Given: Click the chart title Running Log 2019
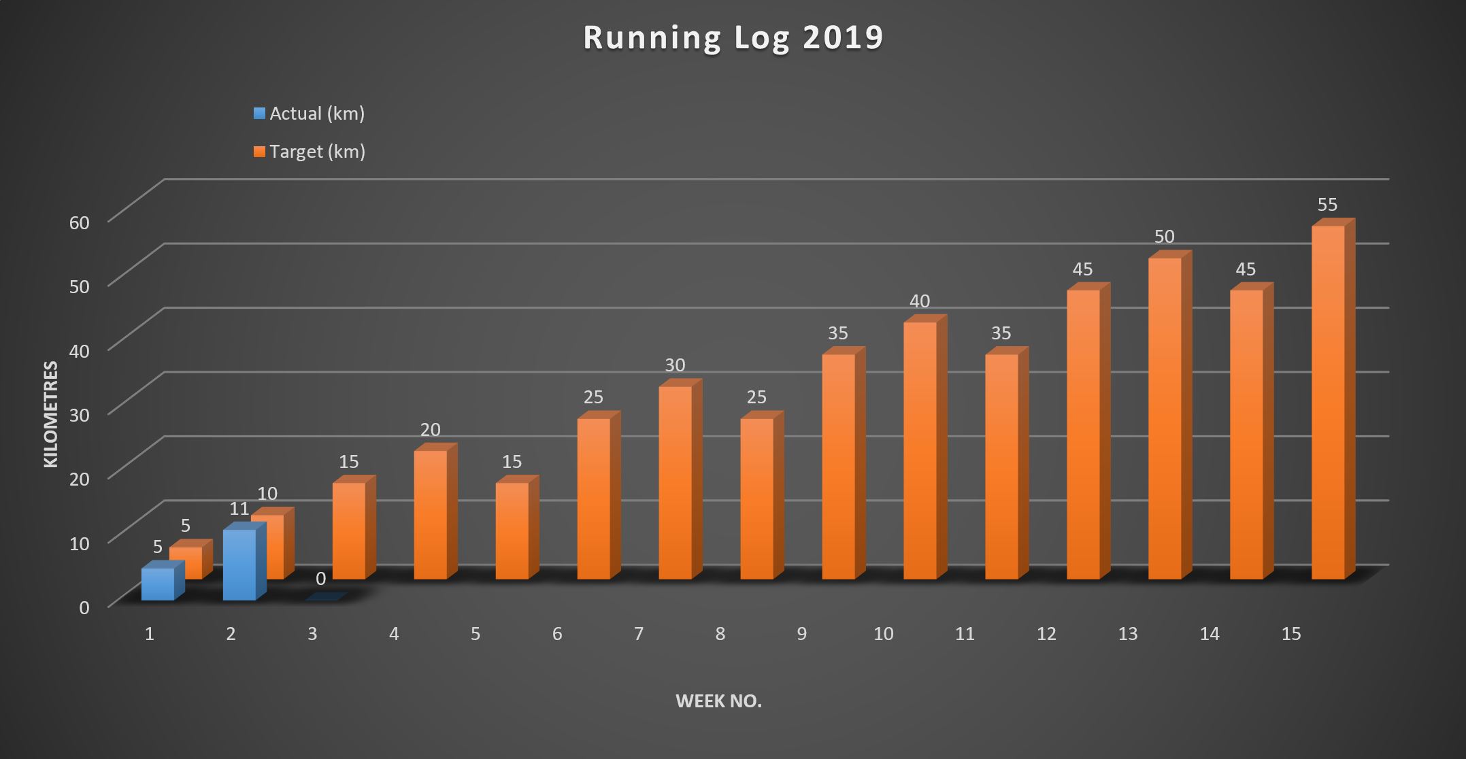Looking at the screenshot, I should click(x=733, y=38).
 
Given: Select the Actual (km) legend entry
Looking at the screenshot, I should click(x=310, y=114).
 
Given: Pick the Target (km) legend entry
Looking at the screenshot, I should click(x=310, y=152).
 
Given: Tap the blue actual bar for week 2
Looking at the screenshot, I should click(x=239, y=564).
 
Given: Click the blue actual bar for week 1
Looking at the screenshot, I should click(x=157, y=584).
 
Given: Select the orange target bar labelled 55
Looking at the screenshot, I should click(x=1328, y=401).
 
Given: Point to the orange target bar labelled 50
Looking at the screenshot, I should click(x=1165, y=418).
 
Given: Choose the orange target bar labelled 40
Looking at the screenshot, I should click(x=920, y=450).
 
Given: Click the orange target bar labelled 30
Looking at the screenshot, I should click(x=675, y=483).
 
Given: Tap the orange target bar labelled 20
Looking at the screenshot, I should click(x=430, y=515).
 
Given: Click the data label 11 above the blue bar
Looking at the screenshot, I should click(x=239, y=509).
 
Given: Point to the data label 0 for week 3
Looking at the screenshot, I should click(x=320, y=579).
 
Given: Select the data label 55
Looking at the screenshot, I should click(x=1327, y=205).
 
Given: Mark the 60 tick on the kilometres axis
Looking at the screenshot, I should click(x=80, y=222).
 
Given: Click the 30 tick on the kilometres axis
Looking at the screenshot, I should click(x=80, y=415).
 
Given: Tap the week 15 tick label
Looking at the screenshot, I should click(x=1291, y=634).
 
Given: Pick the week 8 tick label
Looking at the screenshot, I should click(x=720, y=634).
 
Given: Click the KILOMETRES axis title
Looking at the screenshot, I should click(x=51, y=414).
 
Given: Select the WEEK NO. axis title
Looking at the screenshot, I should click(x=718, y=702).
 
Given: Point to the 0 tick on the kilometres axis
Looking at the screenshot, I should click(x=84, y=607).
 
